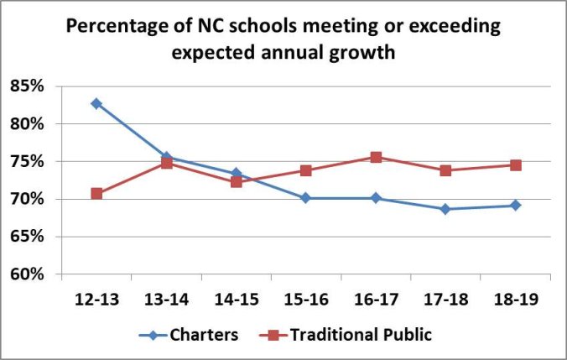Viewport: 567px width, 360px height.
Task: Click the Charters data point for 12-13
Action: pos(96,103)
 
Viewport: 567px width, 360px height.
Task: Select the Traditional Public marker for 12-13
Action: pos(96,194)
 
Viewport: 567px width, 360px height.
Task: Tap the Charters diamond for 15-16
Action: pos(306,198)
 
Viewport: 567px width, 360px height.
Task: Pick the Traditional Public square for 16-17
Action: pos(376,157)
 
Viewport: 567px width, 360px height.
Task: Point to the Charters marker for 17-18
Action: pos(445,209)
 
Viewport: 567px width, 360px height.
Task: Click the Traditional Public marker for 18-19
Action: pos(515,165)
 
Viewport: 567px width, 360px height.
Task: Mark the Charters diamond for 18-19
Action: pos(515,205)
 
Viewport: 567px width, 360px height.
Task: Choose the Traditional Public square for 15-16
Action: pos(306,170)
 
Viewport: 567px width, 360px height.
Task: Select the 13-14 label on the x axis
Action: pos(166,298)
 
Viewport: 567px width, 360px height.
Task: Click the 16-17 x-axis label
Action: pos(376,298)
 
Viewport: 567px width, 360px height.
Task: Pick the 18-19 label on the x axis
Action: pos(515,298)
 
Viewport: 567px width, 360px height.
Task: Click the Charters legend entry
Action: pos(205,335)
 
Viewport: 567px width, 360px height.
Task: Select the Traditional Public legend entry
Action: pos(361,335)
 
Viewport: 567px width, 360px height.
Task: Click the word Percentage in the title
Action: pos(112,27)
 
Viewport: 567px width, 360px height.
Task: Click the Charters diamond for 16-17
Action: pos(376,198)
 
